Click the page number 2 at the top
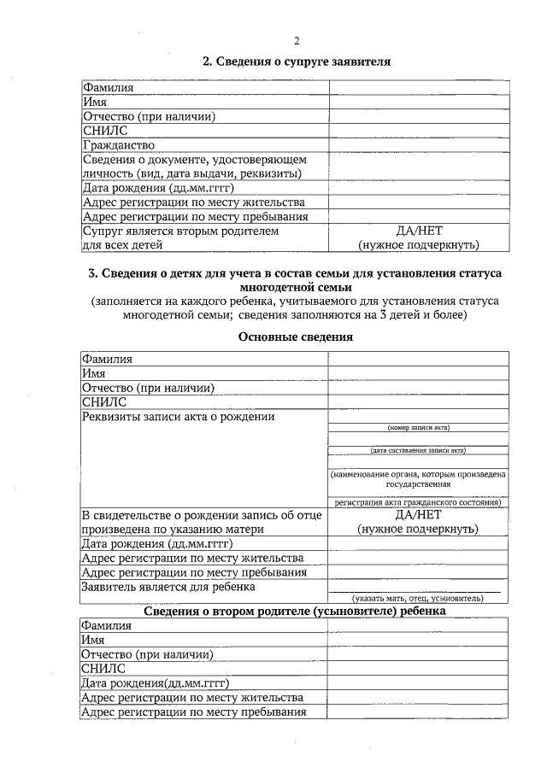[296, 40]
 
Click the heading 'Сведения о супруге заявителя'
[296, 61]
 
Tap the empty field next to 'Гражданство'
[419, 145]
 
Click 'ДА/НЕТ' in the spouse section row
[419, 231]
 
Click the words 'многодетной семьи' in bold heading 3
[296, 288]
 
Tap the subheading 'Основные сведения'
[296, 337]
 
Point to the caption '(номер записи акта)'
[419, 427]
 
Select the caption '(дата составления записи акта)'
[419, 450]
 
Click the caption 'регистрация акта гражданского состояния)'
[419, 503]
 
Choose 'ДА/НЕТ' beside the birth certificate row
[419, 515]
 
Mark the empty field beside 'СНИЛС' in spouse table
[419, 131]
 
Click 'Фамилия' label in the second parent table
[107, 625]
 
